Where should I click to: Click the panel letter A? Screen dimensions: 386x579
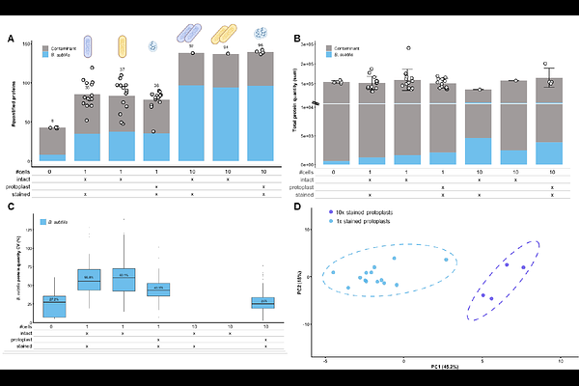pos(11,39)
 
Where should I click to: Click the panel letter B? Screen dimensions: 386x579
pos(299,39)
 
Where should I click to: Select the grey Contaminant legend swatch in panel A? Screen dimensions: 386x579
pos(46,46)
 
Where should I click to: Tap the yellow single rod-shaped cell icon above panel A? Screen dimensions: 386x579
pos(123,47)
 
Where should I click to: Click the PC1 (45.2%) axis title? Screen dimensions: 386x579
pos(436,369)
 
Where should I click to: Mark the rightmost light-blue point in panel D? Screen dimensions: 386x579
pos(445,260)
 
